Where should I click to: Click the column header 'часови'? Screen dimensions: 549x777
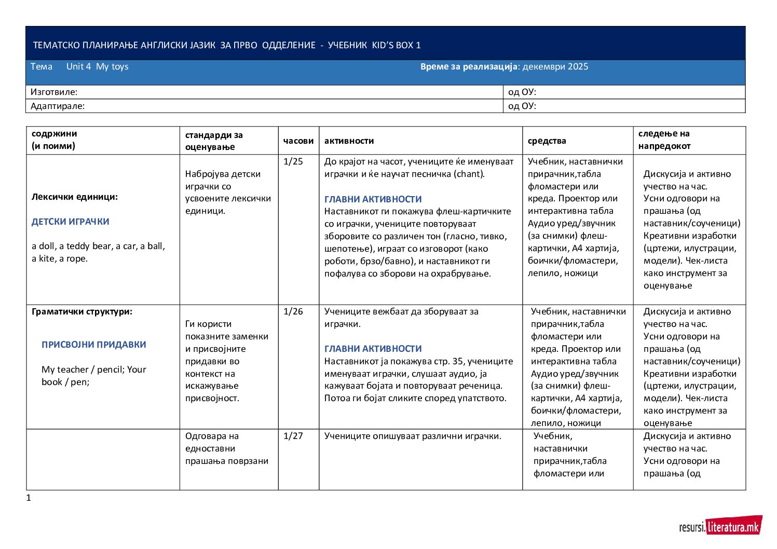coord(298,141)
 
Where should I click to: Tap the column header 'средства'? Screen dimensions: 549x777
coord(547,141)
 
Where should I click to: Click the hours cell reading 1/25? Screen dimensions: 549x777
coord(293,161)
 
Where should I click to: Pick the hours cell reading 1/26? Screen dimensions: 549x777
coord(293,311)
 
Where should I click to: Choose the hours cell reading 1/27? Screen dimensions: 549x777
coord(293,436)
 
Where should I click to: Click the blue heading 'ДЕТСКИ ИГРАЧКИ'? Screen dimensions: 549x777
coord(71,222)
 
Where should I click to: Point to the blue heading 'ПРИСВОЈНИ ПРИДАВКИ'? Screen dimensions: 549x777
coord(94,345)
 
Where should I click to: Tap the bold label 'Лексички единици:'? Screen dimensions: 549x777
coord(75,197)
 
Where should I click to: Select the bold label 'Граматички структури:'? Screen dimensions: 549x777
coord(82,311)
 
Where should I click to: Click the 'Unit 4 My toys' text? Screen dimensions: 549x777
coord(97,66)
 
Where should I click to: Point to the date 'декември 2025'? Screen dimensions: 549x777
coord(555,66)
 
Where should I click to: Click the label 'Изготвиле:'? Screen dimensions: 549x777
coord(54,92)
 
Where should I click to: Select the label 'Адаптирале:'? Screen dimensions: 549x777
coord(58,106)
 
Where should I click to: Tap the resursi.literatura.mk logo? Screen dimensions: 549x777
coord(720,527)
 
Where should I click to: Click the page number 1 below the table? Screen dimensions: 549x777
coord(29,498)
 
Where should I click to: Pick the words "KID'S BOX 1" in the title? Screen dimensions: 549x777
coord(397,45)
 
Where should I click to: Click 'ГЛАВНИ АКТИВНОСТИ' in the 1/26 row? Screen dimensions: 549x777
coord(373,349)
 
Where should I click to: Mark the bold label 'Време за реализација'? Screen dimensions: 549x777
coord(469,66)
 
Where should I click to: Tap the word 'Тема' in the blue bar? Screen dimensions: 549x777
coord(42,66)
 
